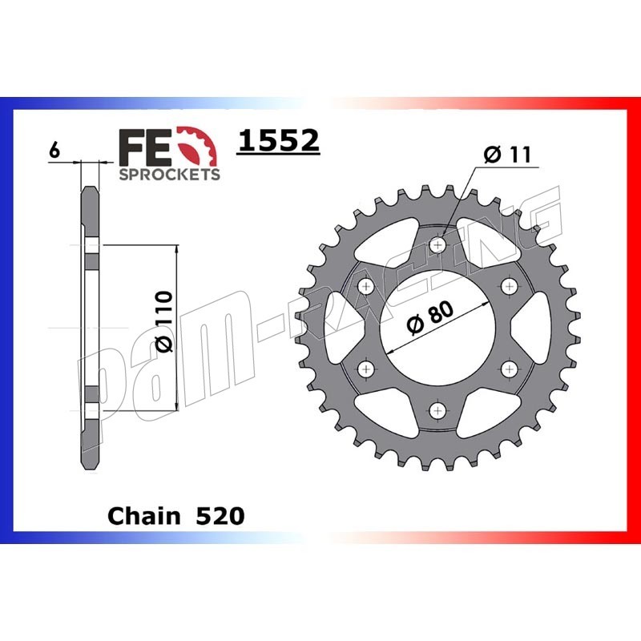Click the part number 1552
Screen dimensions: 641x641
(x=278, y=140)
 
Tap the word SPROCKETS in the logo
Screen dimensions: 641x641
(x=169, y=175)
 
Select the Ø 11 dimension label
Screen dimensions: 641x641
(x=507, y=155)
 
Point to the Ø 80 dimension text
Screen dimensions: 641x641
(x=431, y=317)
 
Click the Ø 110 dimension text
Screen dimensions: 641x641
(x=165, y=321)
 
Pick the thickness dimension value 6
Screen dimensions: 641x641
(x=54, y=151)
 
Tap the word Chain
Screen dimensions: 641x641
(x=143, y=516)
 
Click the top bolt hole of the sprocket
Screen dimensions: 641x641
(x=437, y=245)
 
